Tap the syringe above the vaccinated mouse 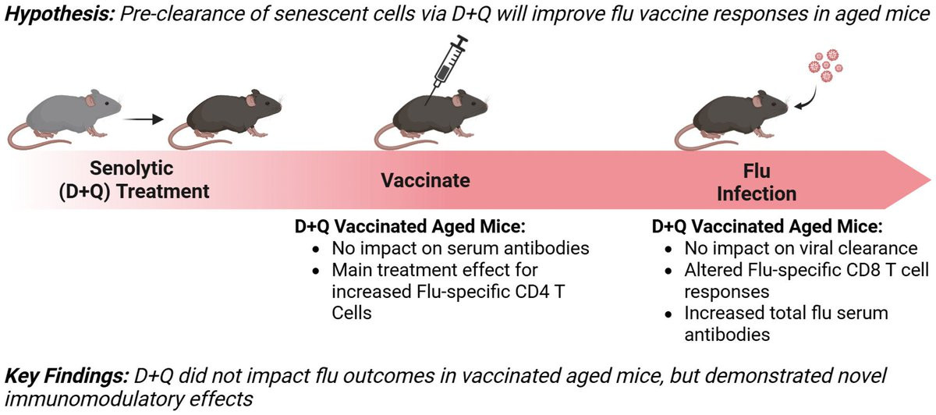point(447,69)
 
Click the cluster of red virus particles point(825,66)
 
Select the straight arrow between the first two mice point(143,119)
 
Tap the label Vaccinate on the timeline point(425,180)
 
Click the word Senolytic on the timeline point(131,168)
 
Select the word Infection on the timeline point(757,194)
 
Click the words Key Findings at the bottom point(66,376)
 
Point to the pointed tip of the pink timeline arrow point(931,180)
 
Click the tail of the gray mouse point(34,140)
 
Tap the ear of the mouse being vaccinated point(457,101)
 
